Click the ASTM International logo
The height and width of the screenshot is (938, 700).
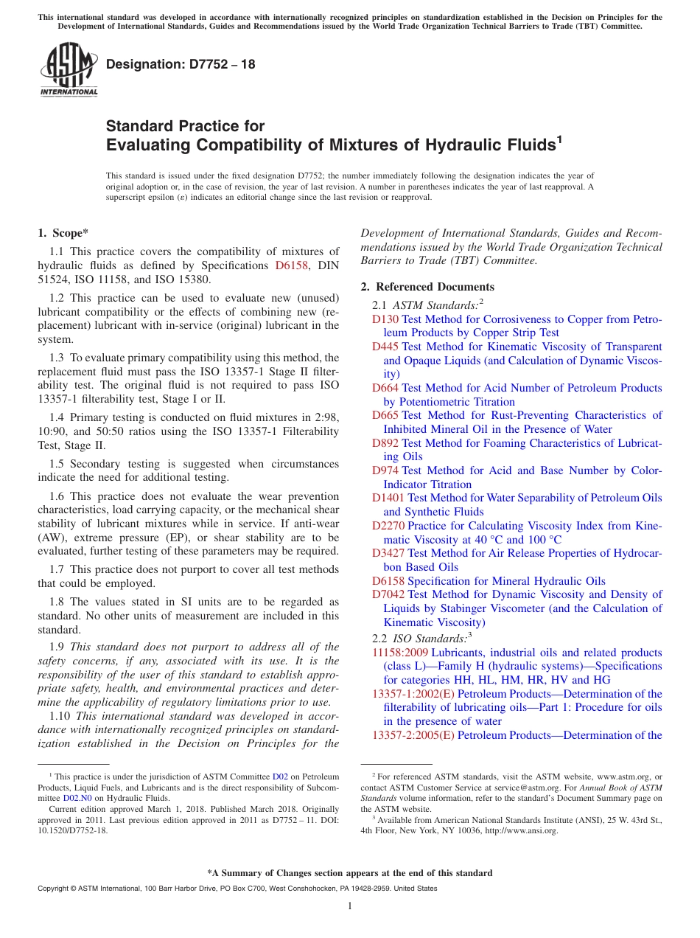point(69,69)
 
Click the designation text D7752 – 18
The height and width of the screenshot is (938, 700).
point(181,64)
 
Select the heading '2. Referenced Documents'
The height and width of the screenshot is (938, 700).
point(427,287)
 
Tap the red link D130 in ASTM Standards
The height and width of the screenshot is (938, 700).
point(385,319)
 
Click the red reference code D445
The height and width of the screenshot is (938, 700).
point(385,347)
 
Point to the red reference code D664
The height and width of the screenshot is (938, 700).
point(385,388)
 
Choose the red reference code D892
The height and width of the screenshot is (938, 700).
point(385,443)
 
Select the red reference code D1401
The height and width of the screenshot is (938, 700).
point(388,498)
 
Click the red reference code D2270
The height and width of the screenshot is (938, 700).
point(388,526)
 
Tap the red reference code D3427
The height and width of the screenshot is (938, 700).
point(388,553)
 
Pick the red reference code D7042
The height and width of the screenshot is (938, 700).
point(388,594)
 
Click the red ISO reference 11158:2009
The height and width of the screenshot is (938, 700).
point(400,653)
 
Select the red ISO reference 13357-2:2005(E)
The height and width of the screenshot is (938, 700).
point(413,735)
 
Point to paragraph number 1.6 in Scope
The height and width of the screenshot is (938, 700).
point(57,496)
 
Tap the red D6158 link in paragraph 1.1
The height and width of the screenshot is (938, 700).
point(290,265)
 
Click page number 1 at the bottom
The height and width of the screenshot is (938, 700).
point(350,906)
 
